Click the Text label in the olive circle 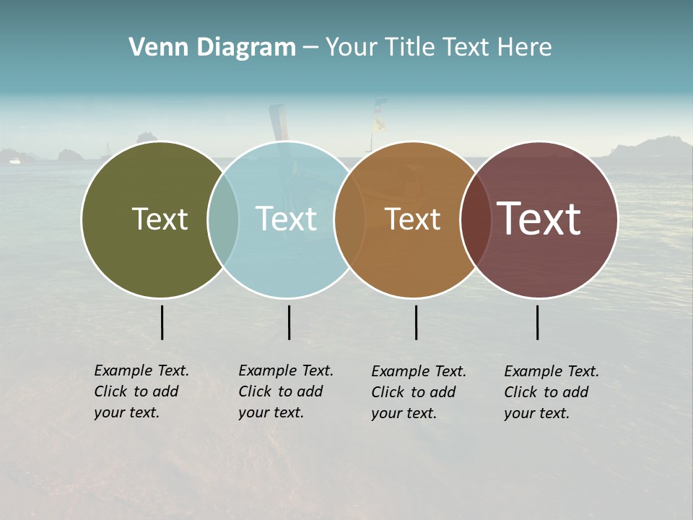(160, 219)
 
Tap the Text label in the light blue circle (286, 219)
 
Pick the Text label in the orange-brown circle (412, 219)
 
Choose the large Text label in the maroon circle (539, 219)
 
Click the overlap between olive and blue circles (223, 220)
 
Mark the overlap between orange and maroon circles (475, 220)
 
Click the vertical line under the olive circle (162, 322)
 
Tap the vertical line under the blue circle (289, 322)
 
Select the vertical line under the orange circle (416, 322)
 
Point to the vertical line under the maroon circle (537, 322)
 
